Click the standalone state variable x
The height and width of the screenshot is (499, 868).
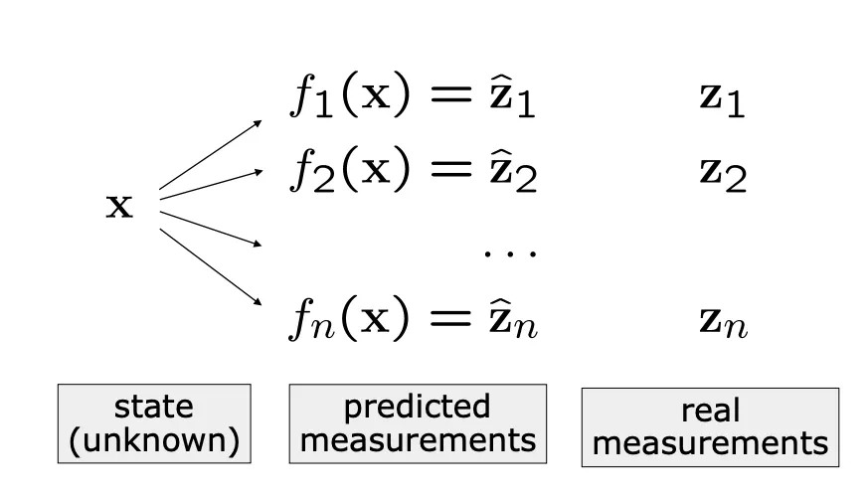pyautogui.click(x=119, y=207)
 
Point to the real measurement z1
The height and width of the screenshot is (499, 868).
pyautogui.click(x=721, y=100)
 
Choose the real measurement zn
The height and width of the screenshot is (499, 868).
pyautogui.click(x=721, y=319)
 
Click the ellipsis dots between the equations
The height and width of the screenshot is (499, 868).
pyautogui.click(x=510, y=252)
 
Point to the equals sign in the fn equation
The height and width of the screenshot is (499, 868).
pyautogui.click(x=448, y=319)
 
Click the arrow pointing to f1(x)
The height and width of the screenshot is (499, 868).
pyautogui.click(x=211, y=154)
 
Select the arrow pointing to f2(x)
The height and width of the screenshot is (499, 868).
pyautogui.click(x=211, y=184)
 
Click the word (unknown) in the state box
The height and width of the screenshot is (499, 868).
pyautogui.click(x=154, y=440)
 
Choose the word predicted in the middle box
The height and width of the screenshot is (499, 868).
pyautogui.click(x=417, y=408)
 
